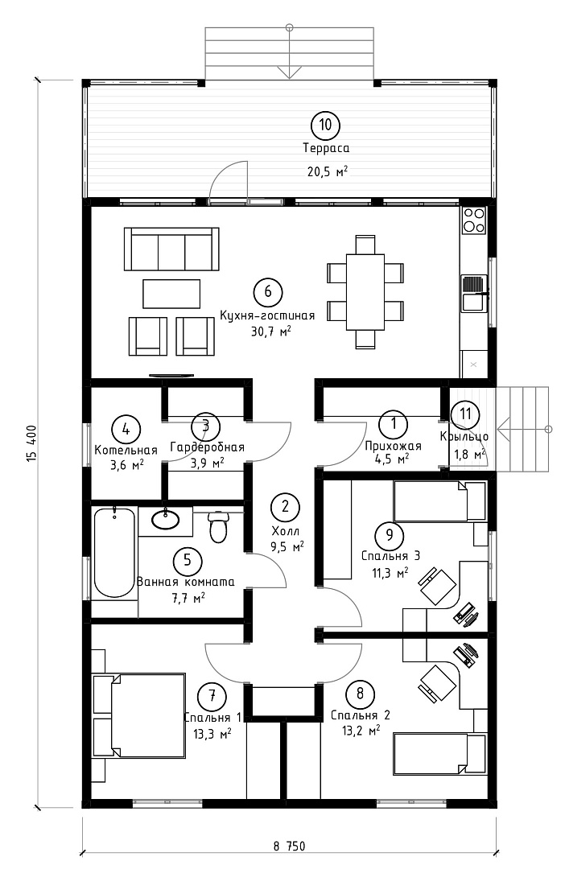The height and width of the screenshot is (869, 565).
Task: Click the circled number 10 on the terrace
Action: [x=325, y=125]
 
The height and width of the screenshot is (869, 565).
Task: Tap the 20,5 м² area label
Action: [x=327, y=171]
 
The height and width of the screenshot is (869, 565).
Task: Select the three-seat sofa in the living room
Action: [x=171, y=250]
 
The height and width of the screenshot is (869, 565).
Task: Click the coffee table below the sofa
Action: [x=171, y=293]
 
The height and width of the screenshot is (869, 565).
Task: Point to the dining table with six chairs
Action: [x=365, y=291]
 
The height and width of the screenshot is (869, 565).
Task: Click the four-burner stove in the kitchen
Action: [x=474, y=220]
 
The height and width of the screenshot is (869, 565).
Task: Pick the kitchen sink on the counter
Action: [x=475, y=294]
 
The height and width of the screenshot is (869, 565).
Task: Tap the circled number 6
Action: [x=268, y=291]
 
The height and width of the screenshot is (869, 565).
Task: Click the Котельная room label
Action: [x=126, y=450]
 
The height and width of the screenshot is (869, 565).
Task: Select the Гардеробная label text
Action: [x=207, y=447]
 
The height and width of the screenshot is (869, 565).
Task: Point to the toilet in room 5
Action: [x=218, y=526]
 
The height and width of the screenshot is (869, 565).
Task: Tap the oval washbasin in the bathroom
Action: [x=165, y=519]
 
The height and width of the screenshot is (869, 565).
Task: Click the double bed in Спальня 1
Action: [x=139, y=715]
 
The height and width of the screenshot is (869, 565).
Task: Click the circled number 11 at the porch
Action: [x=465, y=414]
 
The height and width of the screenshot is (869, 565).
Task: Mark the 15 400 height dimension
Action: [x=31, y=444]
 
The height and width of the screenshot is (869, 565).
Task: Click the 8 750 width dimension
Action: [x=290, y=846]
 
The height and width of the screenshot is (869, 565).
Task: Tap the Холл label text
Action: [x=286, y=531]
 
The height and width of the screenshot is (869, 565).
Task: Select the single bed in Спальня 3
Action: [x=439, y=501]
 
